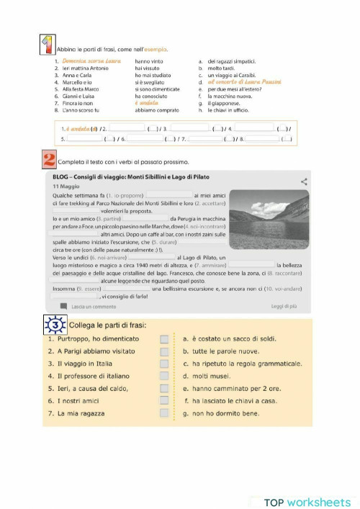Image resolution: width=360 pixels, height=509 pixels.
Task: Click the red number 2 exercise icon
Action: pyautogui.click(x=49, y=160)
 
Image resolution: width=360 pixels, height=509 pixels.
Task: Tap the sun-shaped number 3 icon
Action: pyautogui.click(x=55, y=325)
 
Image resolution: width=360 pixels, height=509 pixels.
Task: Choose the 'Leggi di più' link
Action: pyautogui.click(x=284, y=307)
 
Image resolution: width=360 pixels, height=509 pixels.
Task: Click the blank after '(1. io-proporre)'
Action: pyautogui.click(x=169, y=195)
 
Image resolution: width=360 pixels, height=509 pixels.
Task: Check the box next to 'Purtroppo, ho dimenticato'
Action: pyautogui.click(x=164, y=338)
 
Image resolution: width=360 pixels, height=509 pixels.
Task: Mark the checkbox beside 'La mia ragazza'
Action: pyautogui.click(x=164, y=413)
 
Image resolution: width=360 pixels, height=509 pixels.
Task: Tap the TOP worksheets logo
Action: pyautogui.click(x=306, y=502)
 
